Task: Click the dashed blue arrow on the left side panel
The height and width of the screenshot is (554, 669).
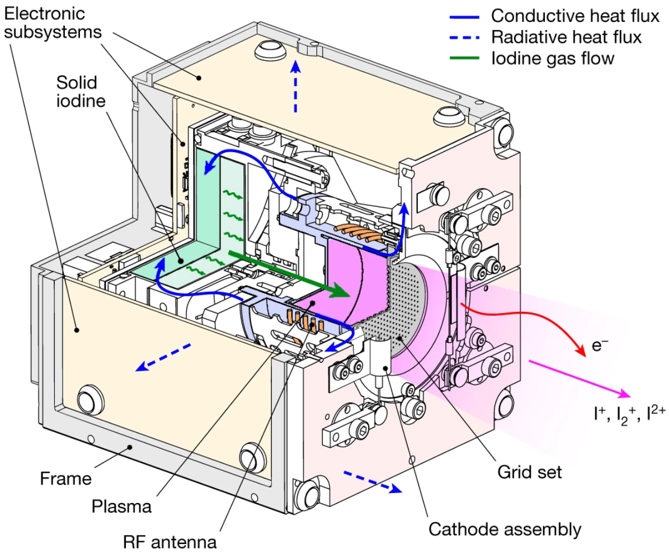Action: [165, 357]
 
